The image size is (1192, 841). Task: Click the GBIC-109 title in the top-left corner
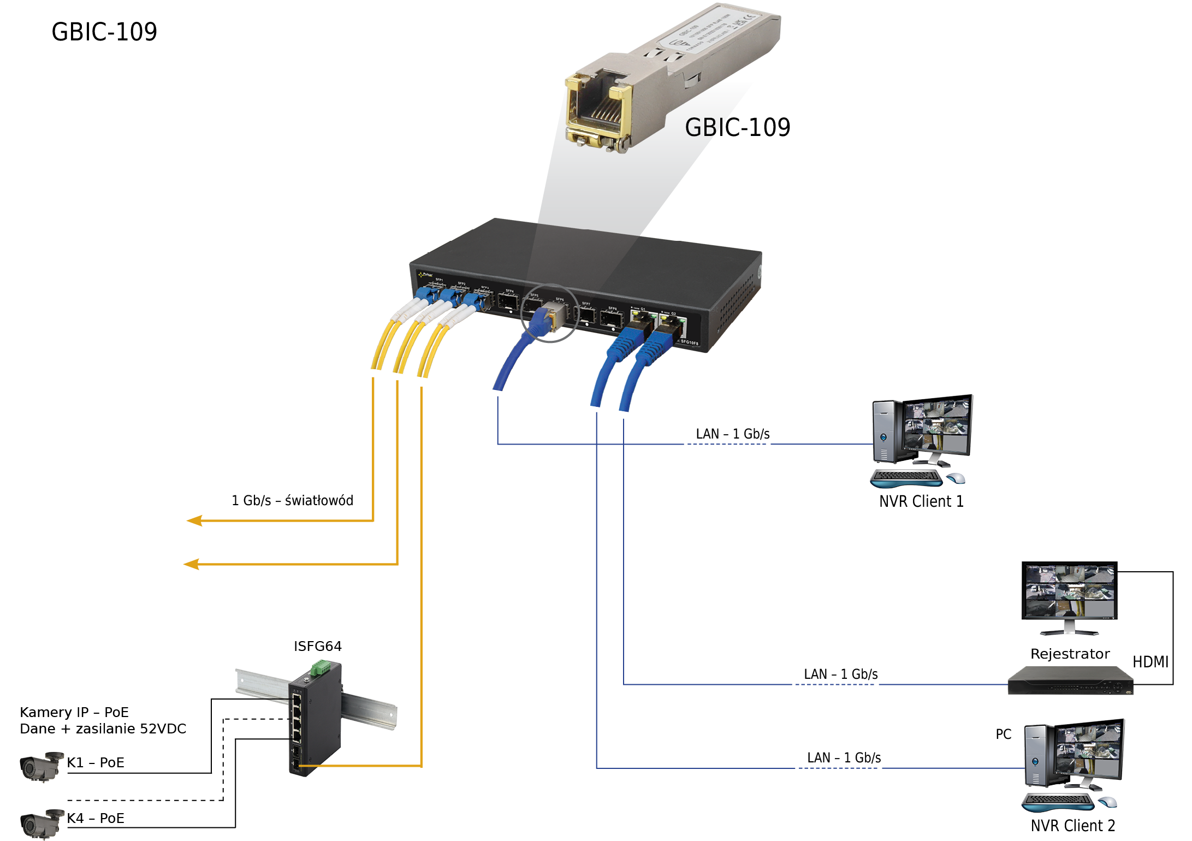point(104,32)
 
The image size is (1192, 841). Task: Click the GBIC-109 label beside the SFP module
point(737,127)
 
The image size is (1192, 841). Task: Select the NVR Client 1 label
point(921,501)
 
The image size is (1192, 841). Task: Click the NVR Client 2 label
point(1072,825)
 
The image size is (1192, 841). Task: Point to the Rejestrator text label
point(1070,654)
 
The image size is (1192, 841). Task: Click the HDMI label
point(1150,662)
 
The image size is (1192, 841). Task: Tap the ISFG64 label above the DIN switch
point(317,646)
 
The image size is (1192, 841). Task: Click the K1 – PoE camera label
point(96,762)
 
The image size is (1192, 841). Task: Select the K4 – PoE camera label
point(96,818)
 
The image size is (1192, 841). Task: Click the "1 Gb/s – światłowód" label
point(292,500)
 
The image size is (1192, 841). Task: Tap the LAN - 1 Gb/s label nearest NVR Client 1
point(732,434)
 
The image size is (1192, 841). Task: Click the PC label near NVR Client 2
point(1003,734)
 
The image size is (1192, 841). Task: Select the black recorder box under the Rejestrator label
point(1070,681)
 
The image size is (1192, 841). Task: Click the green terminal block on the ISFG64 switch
point(321,667)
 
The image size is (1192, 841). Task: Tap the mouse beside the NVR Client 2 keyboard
point(1107,802)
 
